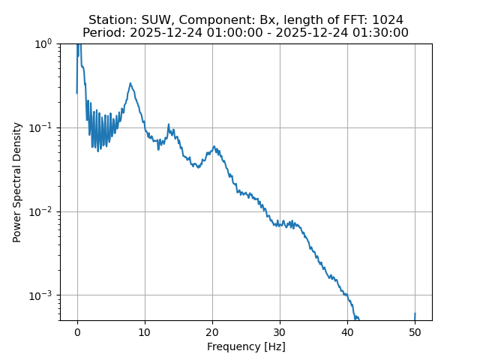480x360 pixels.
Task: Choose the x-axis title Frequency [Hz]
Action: click(x=246, y=346)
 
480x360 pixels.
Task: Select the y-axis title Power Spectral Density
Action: click(x=17, y=182)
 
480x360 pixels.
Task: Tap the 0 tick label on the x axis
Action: click(x=77, y=332)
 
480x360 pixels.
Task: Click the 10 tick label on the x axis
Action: click(x=145, y=332)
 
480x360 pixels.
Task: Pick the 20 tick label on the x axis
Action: click(x=212, y=332)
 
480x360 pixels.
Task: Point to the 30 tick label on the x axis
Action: click(x=280, y=332)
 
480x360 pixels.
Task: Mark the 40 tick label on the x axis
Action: click(x=347, y=332)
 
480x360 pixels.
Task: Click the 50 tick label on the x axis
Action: click(x=415, y=332)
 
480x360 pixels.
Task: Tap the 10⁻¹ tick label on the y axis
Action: click(x=43, y=127)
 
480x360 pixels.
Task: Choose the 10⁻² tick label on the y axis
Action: click(x=43, y=211)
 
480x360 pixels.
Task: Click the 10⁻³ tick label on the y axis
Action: click(x=43, y=295)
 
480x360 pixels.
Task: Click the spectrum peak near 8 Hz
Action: click(x=130, y=84)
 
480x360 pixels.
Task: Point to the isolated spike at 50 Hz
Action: click(x=415, y=315)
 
